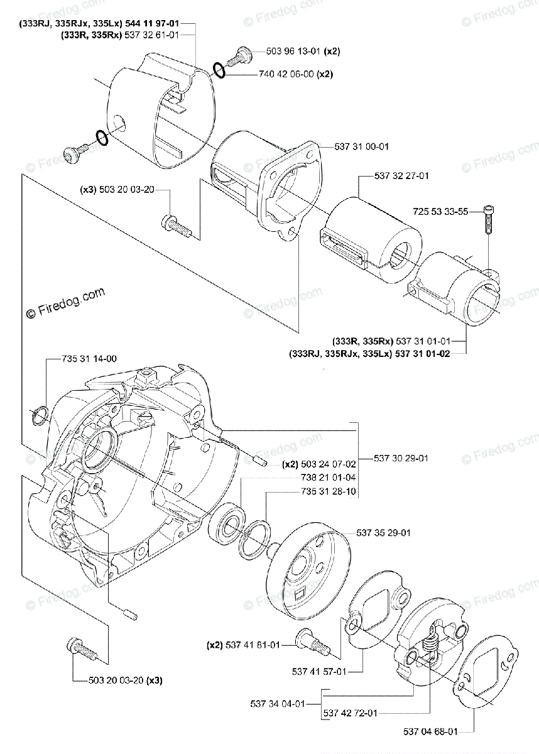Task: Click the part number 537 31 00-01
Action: (362, 146)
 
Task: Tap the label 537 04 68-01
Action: (430, 731)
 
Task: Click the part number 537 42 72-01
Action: (352, 713)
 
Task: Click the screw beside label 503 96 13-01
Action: (237, 57)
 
